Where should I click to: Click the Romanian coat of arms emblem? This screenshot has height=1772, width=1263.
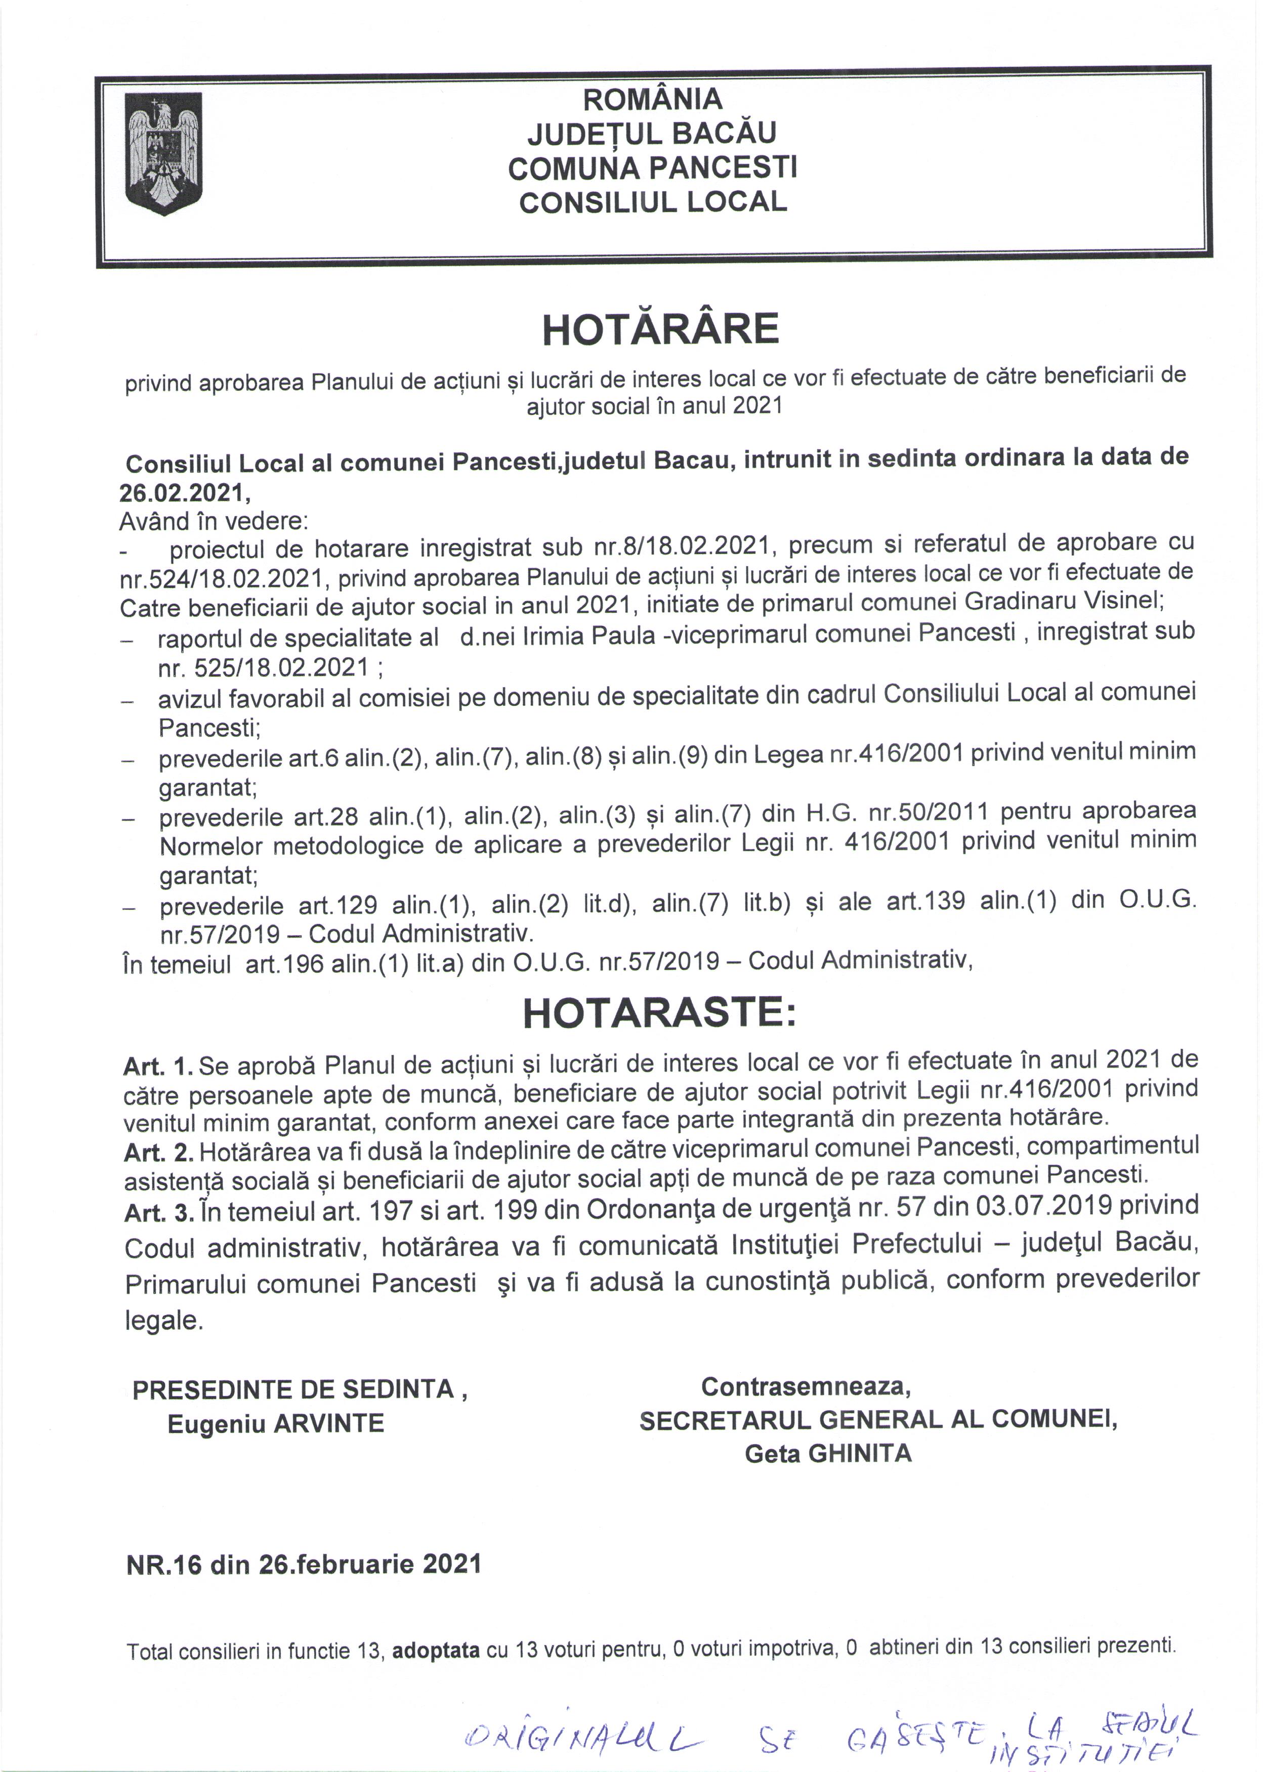pyautogui.click(x=164, y=153)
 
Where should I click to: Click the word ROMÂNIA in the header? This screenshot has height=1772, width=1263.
pyautogui.click(x=652, y=100)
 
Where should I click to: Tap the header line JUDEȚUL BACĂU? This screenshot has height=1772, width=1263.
pyautogui.click(x=652, y=134)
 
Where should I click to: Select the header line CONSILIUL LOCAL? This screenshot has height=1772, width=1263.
pyautogui.click(x=652, y=202)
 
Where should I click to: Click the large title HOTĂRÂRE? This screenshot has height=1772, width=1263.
pyautogui.click(x=660, y=330)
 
